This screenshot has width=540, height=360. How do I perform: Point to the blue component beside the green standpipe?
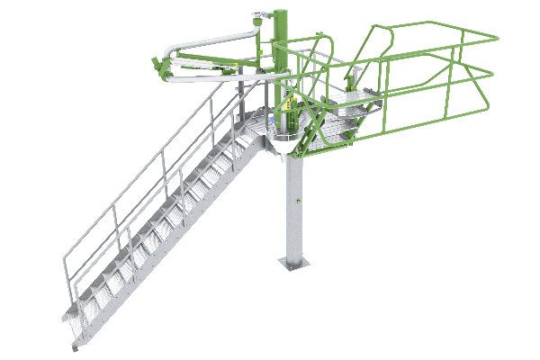274,117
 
